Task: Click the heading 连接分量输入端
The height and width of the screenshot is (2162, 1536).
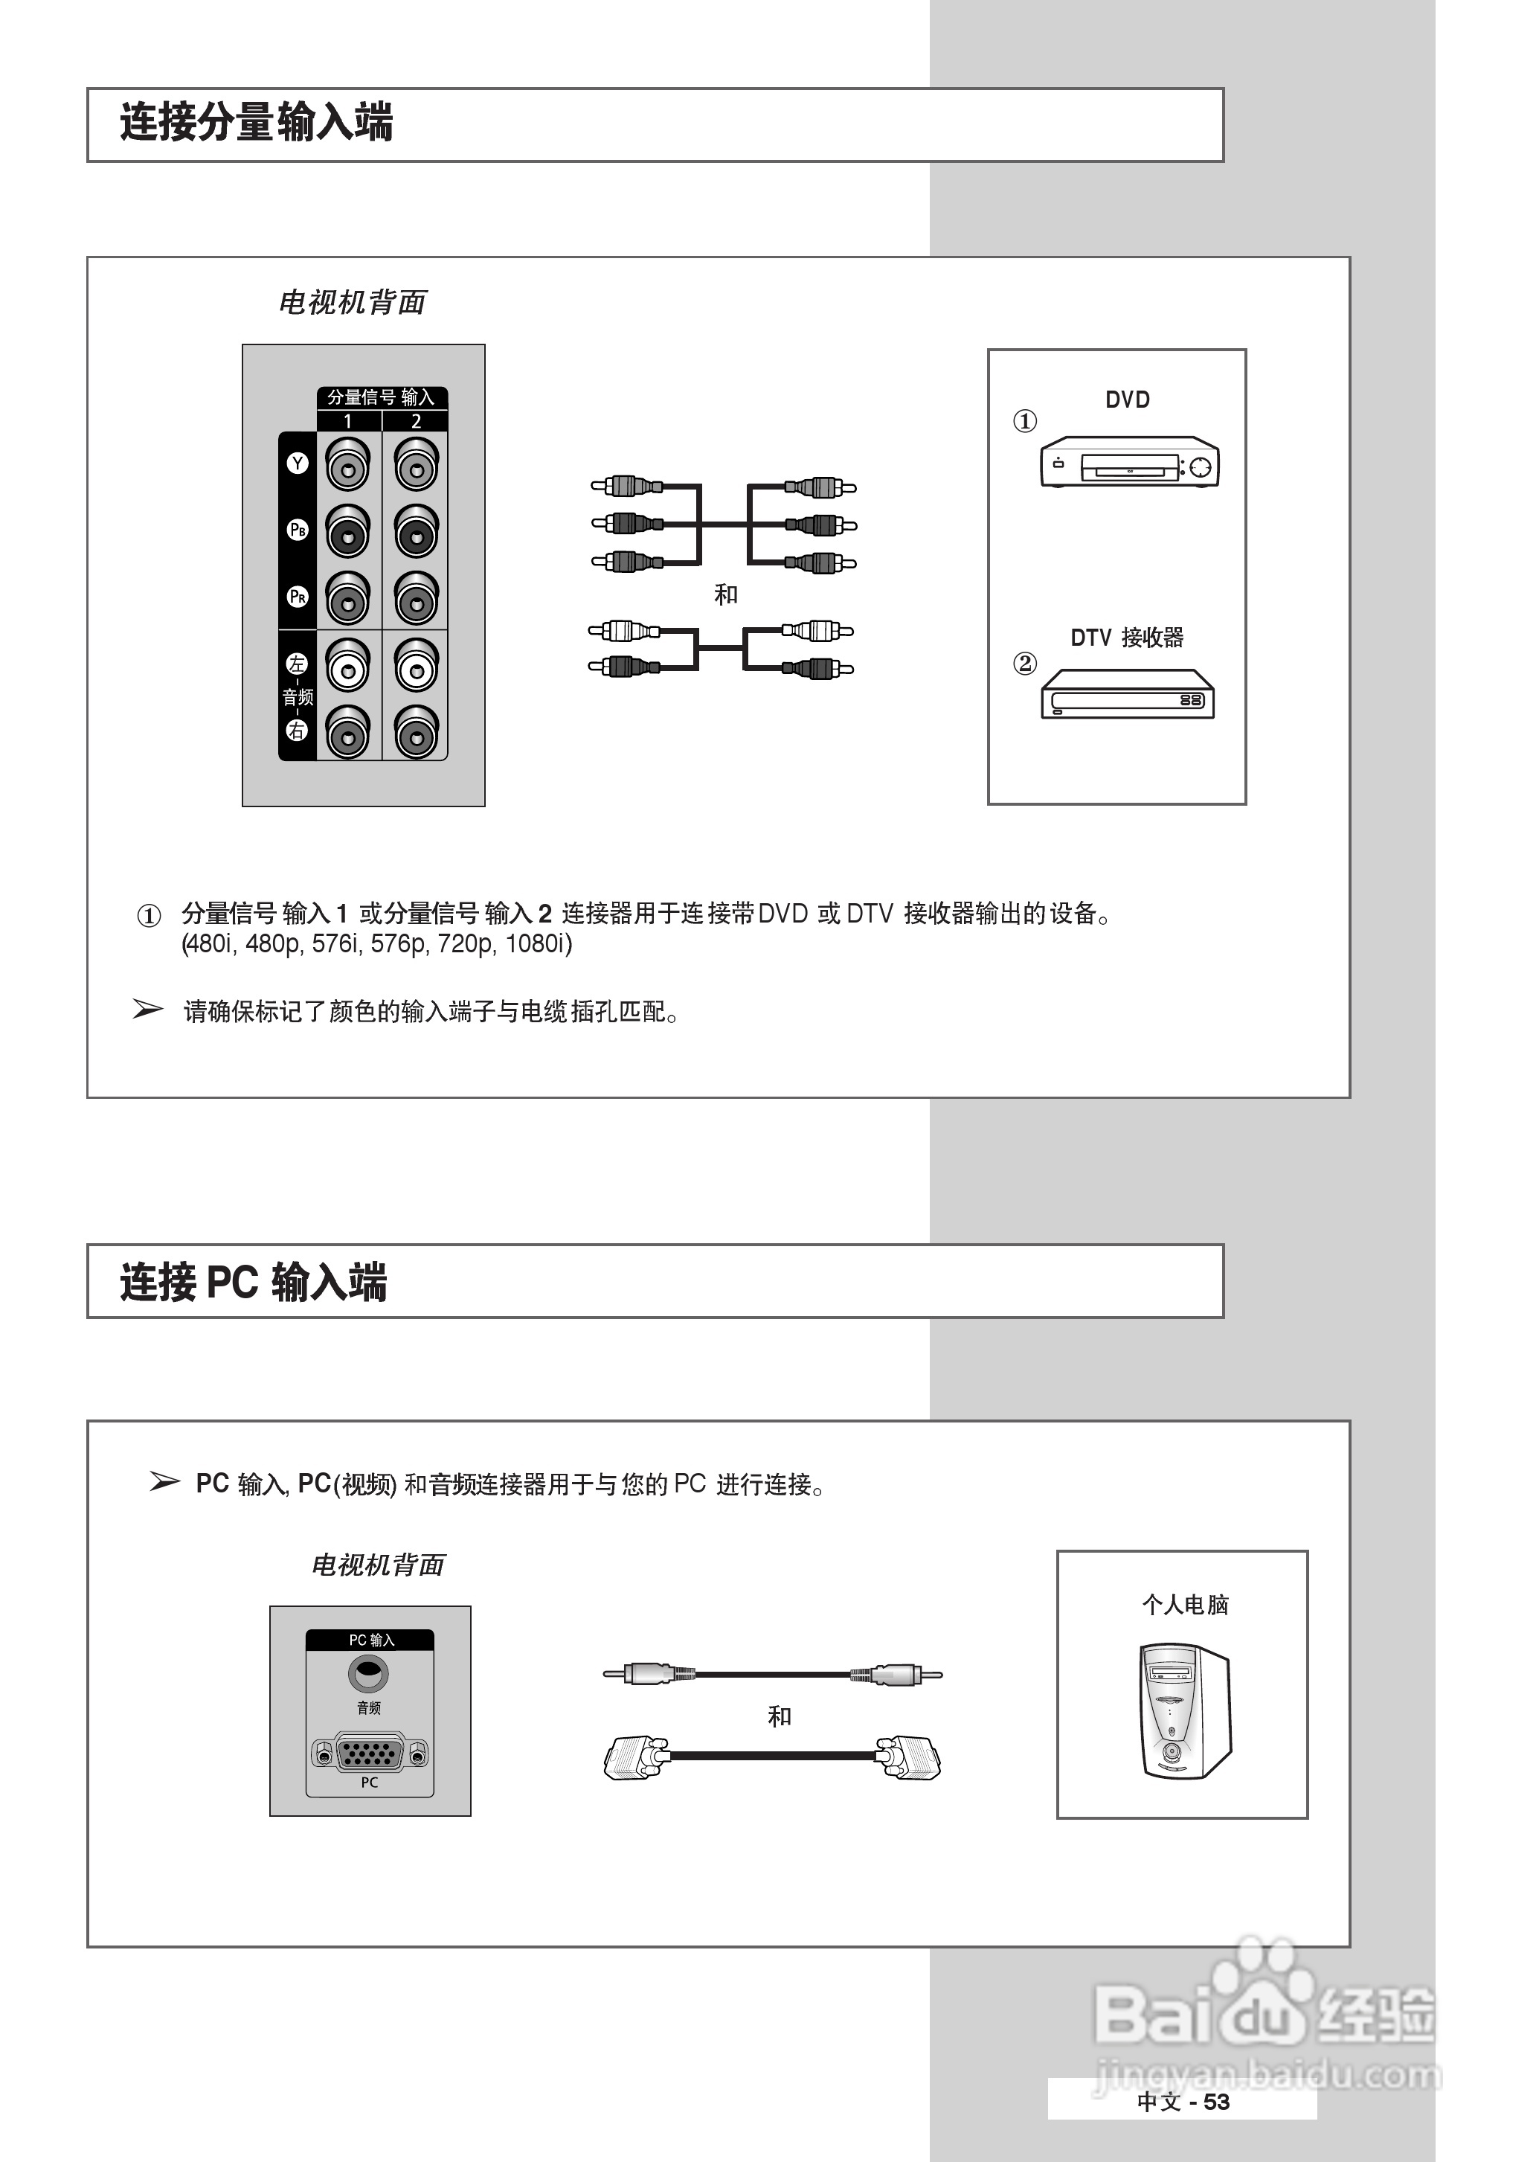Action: (x=255, y=123)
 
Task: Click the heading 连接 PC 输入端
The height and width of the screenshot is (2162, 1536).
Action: (x=253, y=1283)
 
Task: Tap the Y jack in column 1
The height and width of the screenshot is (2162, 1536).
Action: (x=347, y=467)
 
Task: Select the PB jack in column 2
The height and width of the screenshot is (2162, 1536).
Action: (x=415, y=533)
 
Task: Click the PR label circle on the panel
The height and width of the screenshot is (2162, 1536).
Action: (x=297, y=597)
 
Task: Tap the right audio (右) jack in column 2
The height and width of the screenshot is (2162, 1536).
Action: (x=415, y=734)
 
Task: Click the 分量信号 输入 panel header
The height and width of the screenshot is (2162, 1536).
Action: (x=381, y=397)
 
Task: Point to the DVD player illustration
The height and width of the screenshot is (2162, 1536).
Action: (x=1128, y=463)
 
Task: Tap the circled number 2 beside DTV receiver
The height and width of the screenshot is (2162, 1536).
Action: (x=1024, y=663)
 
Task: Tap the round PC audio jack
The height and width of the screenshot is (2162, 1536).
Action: (x=368, y=1675)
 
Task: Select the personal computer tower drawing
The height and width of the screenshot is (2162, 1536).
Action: (x=1184, y=1711)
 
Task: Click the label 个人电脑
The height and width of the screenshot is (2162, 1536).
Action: (x=1184, y=1604)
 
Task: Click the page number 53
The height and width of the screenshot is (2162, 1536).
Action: (x=1216, y=2102)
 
